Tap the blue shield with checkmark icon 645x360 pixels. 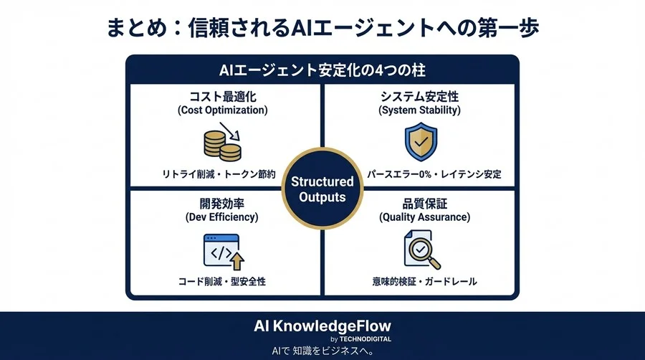pyautogui.click(x=419, y=141)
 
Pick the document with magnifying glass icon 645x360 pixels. pyautogui.click(x=419, y=252)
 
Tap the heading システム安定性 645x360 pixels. pyautogui.click(x=420, y=95)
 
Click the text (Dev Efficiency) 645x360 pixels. pyautogui.click(x=222, y=217)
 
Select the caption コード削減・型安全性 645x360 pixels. pyautogui.click(x=222, y=282)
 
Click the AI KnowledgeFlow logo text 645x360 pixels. pyautogui.click(x=322, y=325)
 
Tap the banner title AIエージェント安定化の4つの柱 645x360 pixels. pyautogui.click(x=322, y=71)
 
